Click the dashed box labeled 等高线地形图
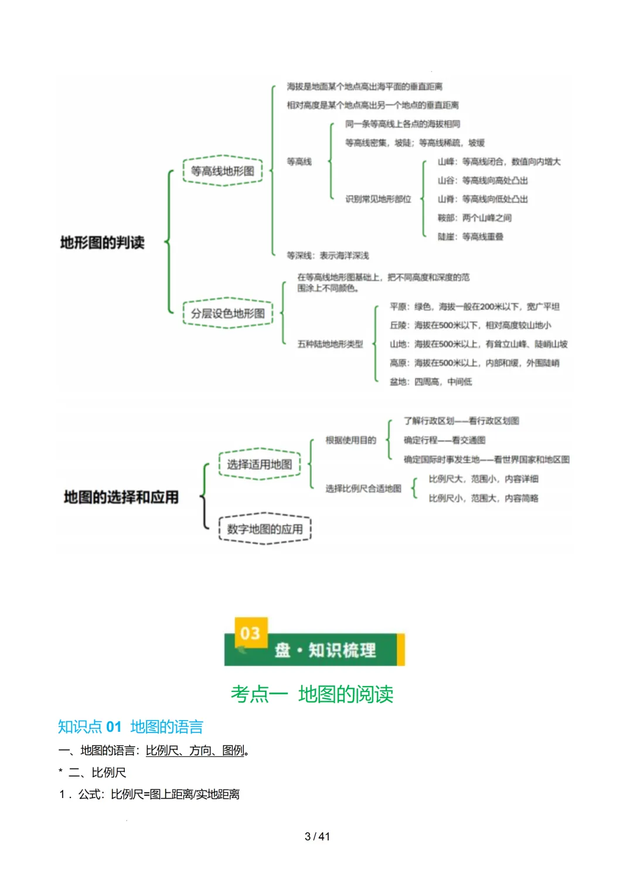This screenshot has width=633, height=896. tap(222, 171)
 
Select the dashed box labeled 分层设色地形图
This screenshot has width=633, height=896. tap(227, 313)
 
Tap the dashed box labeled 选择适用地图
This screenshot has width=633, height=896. tap(259, 464)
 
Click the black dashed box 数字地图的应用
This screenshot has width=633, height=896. tap(264, 529)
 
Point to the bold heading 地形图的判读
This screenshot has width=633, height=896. tap(102, 242)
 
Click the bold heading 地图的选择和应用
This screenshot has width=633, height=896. tap(121, 497)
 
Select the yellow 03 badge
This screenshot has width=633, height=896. tap(250, 633)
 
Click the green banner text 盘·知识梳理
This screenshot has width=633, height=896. tap(325, 650)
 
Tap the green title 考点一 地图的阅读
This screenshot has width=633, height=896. tap(312, 694)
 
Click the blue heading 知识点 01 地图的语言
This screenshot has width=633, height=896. tap(130, 727)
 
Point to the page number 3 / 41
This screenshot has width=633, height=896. tap(317, 836)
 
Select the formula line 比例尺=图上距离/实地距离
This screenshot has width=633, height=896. tap(175, 795)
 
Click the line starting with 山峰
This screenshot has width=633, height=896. tap(499, 162)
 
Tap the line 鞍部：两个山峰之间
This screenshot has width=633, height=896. tap(474, 218)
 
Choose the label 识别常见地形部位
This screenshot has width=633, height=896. tap(378, 199)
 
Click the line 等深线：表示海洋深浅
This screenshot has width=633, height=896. tap(328, 256)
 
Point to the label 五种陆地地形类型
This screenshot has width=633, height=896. tap(330, 344)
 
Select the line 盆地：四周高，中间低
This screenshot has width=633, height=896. tap(431, 382)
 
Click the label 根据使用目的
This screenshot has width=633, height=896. tap(350, 440)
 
